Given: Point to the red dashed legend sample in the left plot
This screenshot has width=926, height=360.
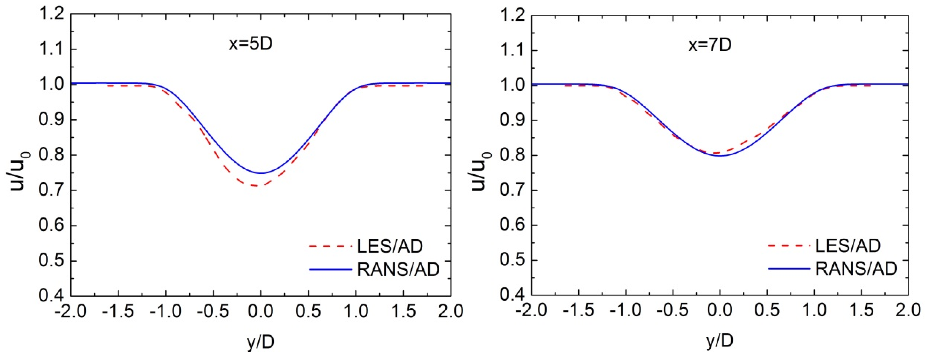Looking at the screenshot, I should pos(330,246).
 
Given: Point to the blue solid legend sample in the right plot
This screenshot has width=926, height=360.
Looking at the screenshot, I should pos(789,269).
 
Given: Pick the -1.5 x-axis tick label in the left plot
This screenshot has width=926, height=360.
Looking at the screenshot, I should pos(118,311).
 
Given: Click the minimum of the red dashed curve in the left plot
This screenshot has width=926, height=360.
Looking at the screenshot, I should pos(256,186).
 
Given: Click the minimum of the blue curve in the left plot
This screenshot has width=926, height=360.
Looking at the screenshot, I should pos(261,173).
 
